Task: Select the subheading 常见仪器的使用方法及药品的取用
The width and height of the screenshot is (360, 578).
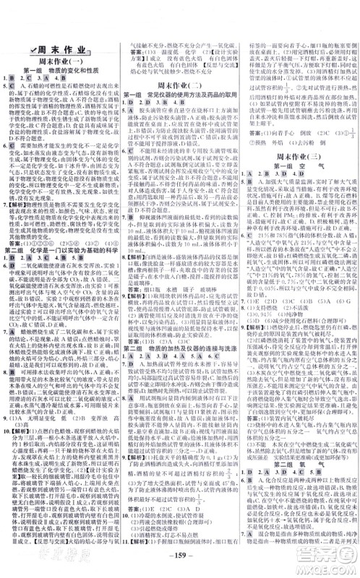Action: pos(184,95)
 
